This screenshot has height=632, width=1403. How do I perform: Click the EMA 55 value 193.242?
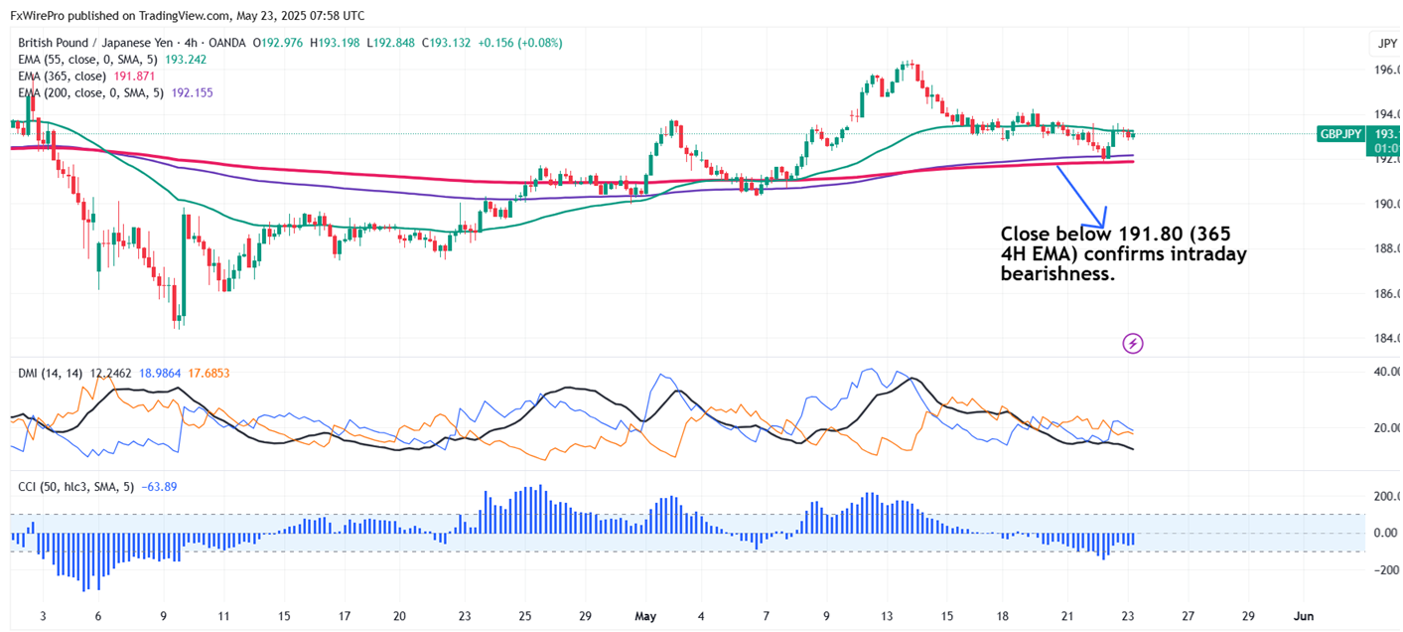(186, 60)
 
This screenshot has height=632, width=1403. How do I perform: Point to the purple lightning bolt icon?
(1133, 344)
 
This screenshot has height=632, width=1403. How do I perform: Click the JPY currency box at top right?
(1386, 43)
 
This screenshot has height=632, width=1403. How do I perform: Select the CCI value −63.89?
(159, 486)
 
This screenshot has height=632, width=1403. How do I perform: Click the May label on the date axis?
(646, 616)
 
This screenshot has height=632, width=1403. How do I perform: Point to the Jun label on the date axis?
(1305, 616)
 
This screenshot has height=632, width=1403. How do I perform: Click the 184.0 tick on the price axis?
(1386, 339)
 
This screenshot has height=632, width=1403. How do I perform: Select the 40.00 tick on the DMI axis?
(1386, 372)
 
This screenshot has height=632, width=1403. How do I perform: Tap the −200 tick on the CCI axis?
(1386, 570)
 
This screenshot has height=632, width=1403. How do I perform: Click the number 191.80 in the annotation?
(1123, 235)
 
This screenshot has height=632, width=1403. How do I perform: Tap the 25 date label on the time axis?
(525, 616)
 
